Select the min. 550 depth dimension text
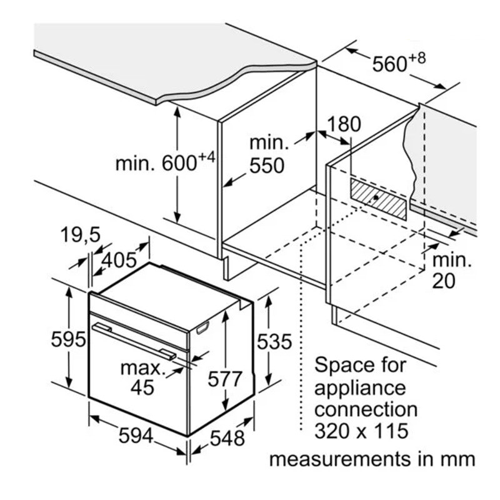click(267, 154)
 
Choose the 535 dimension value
click(274, 342)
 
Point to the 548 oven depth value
click(227, 438)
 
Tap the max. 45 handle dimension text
click(143, 377)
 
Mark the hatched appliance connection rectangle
click(378, 199)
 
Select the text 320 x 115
click(361, 431)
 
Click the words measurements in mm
click(372, 459)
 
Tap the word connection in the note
click(366, 409)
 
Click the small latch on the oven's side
click(202, 327)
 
